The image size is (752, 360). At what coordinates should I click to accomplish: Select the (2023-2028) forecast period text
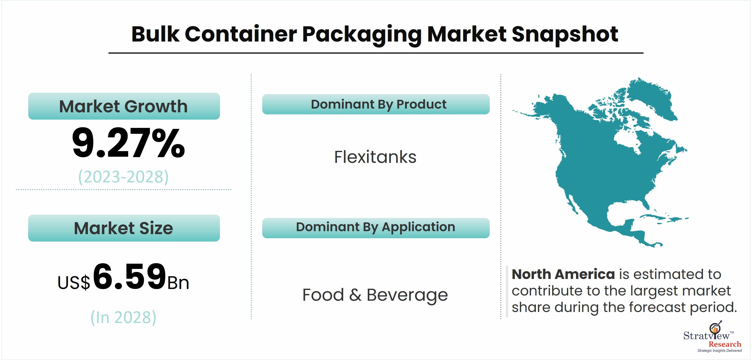[x=123, y=177]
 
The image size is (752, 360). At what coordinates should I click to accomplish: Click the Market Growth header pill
[x=124, y=106]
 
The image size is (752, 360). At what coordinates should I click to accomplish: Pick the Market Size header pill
[x=124, y=228]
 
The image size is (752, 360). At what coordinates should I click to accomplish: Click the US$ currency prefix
[x=74, y=283]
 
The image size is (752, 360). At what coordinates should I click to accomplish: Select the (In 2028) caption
[x=123, y=317]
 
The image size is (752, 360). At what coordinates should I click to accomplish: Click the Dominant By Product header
[x=376, y=104]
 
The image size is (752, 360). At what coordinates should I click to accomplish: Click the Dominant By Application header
[x=376, y=228]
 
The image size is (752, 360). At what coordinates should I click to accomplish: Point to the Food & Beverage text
[x=375, y=295]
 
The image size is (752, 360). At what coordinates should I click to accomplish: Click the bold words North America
[x=563, y=274]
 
